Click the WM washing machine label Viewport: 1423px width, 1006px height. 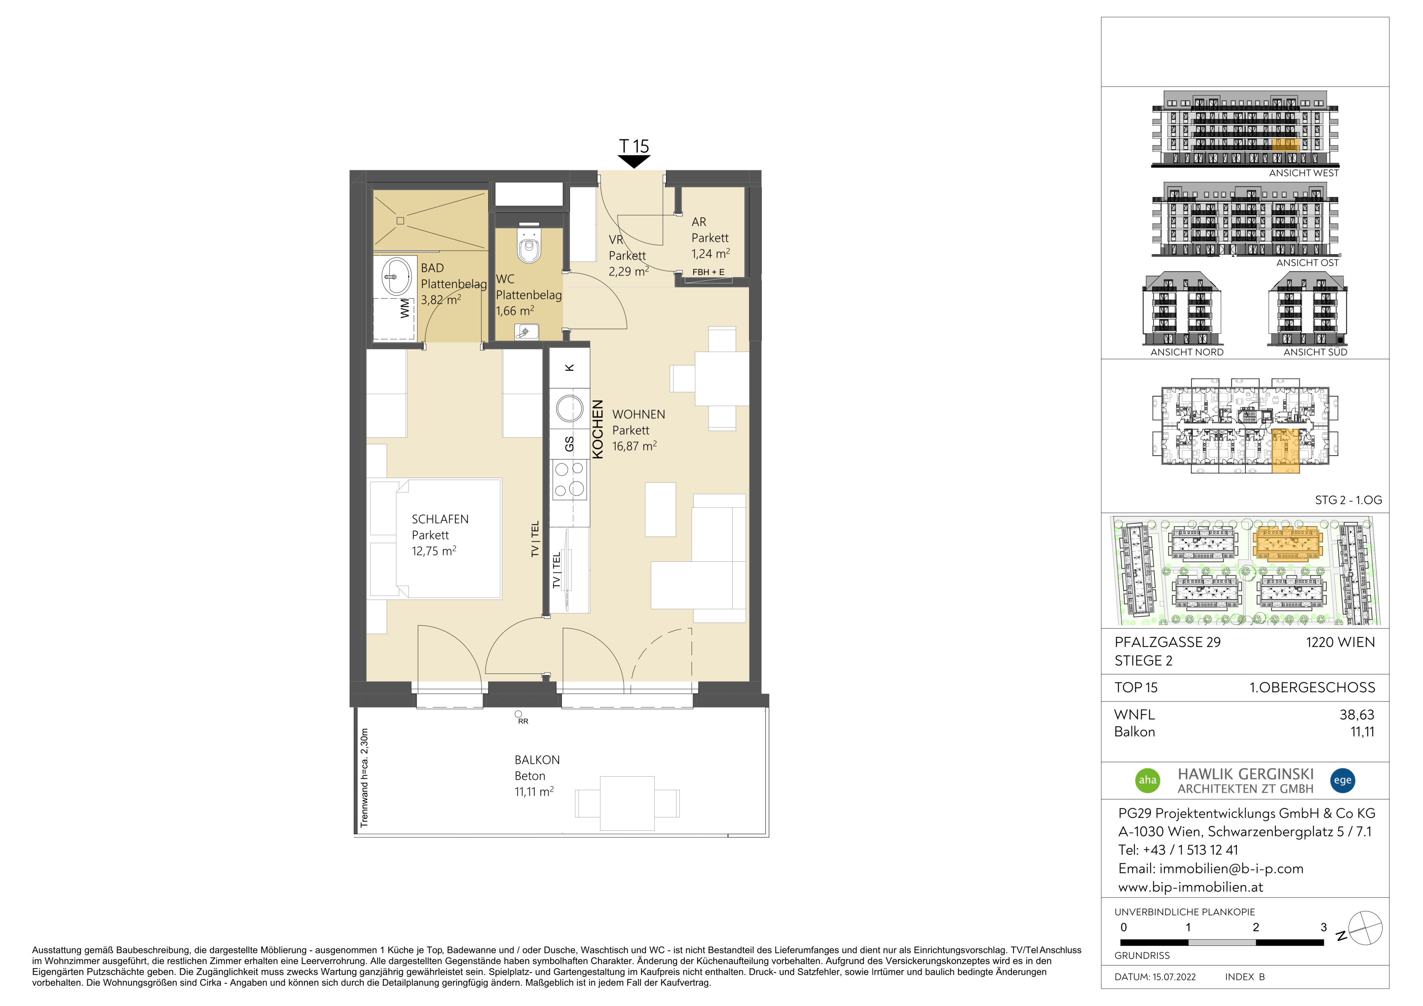[x=405, y=308]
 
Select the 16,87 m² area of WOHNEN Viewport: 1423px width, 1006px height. [x=634, y=446]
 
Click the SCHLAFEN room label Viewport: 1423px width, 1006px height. [x=440, y=519]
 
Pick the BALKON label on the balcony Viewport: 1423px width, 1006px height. [x=537, y=760]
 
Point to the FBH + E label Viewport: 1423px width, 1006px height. [x=708, y=272]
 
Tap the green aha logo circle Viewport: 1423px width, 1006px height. [x=1148, y=780]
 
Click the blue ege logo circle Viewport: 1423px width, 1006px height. [x=1342, y=780]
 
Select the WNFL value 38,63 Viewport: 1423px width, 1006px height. [x=1357, y=715]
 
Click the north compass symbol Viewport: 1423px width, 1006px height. [x=1365, y=928]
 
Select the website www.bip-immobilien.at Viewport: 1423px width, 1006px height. [x=1190, y=887]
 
